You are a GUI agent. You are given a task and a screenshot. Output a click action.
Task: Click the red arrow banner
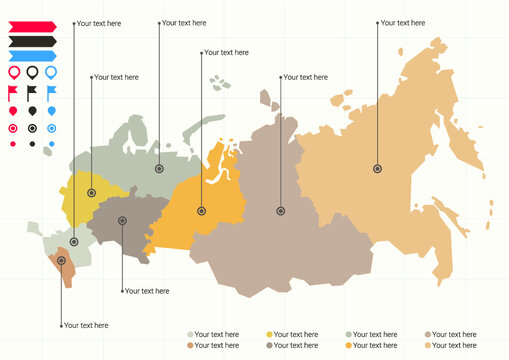[32, 26]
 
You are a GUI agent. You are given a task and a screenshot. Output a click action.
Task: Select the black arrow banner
[32, 41]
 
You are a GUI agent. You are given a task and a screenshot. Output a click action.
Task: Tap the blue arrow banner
[32, 56]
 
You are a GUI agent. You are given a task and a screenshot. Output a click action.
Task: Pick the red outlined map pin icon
[13, 72]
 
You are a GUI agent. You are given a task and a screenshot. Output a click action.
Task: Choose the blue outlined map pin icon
[51, 72]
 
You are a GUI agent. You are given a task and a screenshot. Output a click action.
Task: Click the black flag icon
[33, 92]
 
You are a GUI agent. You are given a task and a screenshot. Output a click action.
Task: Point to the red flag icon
[13, 92]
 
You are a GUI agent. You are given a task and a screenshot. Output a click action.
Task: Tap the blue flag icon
[52, 92]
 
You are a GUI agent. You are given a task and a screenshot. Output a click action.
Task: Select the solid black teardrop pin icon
[32, 110]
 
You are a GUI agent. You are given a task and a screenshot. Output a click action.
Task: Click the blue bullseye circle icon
[51, 128]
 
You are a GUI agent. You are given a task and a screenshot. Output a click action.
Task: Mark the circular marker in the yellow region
[92, 193]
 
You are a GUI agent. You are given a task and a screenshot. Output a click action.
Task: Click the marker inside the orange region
[201, 210]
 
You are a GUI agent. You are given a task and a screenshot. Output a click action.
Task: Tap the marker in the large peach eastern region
[377, 169]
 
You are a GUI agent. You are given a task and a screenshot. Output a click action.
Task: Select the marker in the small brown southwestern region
[62, 261]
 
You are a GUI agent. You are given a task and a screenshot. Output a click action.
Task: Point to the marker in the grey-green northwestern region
[158, 169]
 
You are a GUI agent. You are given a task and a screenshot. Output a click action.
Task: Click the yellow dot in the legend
[269, 334]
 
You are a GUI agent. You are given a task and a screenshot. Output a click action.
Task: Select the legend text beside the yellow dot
[295, 334]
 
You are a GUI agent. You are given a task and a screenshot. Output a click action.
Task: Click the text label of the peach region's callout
[403, 21]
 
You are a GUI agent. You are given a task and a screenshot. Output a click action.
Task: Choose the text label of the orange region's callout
[226, 52]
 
